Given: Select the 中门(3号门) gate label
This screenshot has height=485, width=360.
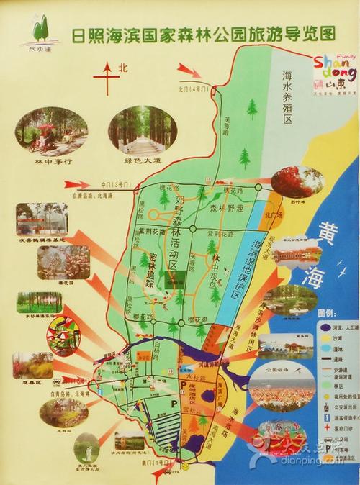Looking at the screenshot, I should [116, 186].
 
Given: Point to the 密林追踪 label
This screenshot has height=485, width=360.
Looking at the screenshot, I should [153, 270].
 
